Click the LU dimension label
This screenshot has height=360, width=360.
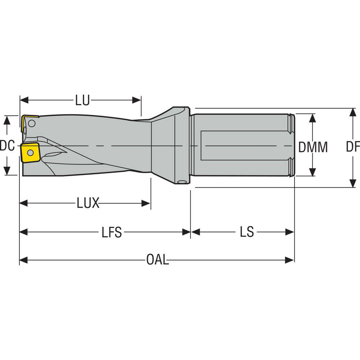click(82, 100)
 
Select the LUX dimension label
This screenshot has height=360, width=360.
click(88, 204)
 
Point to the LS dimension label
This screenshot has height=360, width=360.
click(247, 232)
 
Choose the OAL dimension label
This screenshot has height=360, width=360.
click(157, 260)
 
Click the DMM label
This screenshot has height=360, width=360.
click(313, 147)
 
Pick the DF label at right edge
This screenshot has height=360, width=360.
click(353, 147)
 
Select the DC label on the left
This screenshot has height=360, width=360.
click(7, 146)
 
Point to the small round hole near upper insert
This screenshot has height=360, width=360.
click(32, 124)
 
